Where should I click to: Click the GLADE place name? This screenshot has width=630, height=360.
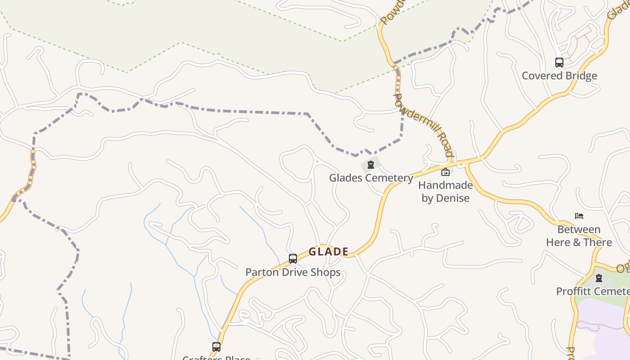(328, 252)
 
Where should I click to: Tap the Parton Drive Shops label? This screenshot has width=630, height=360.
(292, 272)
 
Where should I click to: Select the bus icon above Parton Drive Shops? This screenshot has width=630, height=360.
(293, 259)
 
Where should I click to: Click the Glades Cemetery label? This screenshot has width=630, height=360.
(371, 178)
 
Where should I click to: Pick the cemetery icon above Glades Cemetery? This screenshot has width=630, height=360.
(371, 165)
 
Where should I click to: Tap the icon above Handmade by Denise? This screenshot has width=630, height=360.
(445, 171)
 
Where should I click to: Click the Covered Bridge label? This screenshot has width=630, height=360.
(559, 76)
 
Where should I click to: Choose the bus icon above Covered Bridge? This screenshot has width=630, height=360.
(559, 63)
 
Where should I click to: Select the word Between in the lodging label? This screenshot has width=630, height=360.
(579, 229)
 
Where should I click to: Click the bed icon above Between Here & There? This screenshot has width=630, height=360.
(579, 216)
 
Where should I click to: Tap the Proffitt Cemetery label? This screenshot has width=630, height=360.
(593, 291)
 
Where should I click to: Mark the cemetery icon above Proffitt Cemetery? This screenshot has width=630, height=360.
(599, 278)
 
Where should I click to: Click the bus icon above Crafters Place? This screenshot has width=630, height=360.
(216, 347)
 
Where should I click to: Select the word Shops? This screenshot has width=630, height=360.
(326, 272)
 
